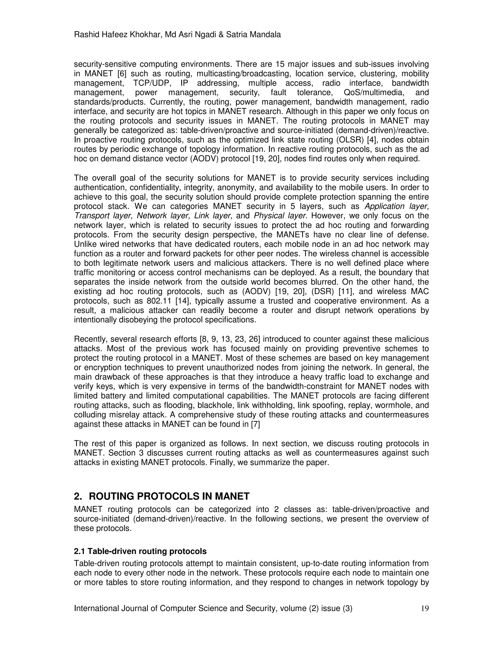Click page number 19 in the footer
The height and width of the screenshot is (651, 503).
click(425, 608)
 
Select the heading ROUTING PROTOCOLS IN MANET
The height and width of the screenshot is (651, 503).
click(169, 496)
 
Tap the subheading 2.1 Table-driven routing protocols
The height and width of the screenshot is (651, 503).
click(140, 552)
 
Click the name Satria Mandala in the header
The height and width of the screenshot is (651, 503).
click(253, 35)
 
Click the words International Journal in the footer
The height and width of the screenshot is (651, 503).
click(116, 608)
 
